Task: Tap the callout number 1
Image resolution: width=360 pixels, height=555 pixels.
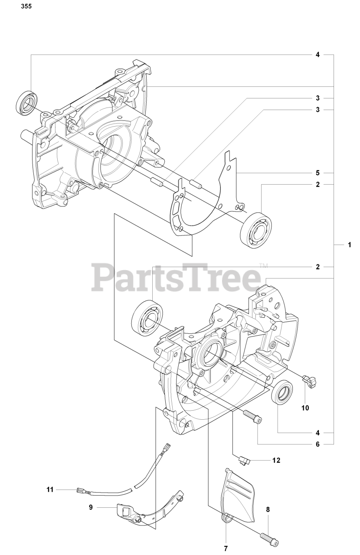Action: tap(349, 245)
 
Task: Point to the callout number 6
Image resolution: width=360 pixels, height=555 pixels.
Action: tap(317, 444)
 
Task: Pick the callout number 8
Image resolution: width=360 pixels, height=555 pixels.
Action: tap(268, 510)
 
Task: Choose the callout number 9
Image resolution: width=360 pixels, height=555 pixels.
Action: tap(91, 507)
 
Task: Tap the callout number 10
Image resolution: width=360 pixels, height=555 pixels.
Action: tap(305, 408)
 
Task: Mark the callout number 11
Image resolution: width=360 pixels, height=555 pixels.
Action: tap(50, 490)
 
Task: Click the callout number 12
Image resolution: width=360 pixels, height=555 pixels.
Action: tap(276, 460)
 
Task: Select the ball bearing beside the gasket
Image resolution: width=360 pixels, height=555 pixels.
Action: tap(256, 230)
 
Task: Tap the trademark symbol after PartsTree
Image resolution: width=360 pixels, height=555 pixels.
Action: tap(263, 265)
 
